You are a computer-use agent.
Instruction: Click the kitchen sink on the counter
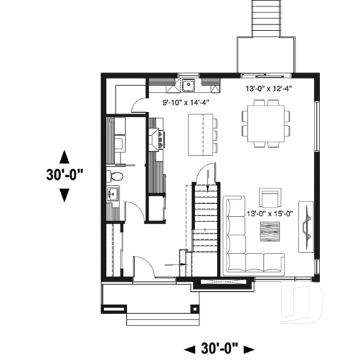coord(188,83)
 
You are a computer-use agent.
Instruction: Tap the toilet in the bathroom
coord(114,176)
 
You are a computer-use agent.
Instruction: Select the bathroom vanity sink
coord(114,194)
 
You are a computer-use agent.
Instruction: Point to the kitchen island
coord(197,136)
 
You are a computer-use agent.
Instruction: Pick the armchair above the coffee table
coord(270,198)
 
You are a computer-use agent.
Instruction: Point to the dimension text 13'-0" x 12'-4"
coord(269,89)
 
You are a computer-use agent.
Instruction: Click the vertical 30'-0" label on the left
coord(63,176)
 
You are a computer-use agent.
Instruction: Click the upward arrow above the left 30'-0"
coord(64,156)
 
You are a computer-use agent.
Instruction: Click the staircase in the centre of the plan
coord(206,220)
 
